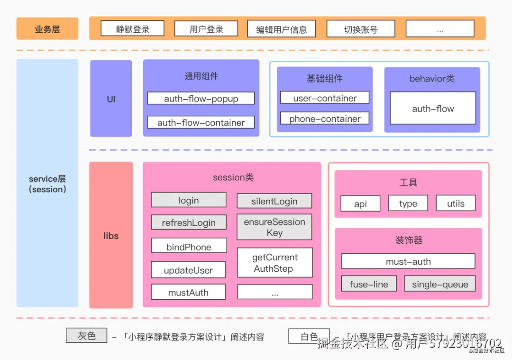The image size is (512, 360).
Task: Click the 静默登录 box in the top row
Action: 133,29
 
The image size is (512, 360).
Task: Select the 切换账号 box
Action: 361,29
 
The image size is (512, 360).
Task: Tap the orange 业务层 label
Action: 47,29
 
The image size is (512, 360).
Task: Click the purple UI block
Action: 111,99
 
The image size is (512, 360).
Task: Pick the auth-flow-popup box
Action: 201,99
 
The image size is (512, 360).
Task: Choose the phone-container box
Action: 325,119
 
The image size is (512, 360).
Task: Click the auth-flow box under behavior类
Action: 433,109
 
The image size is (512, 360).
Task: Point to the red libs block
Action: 111,236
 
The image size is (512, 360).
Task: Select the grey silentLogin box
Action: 274,201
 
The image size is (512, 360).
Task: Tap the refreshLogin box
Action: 189,222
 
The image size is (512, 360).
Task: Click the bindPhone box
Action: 189,247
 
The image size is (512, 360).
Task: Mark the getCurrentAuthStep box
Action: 275,263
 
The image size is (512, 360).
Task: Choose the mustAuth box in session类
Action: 189,292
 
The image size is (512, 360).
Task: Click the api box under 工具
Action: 360,203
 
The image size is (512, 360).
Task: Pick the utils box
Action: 456,203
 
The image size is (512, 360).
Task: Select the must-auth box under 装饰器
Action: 408,261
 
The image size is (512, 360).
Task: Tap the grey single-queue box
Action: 440,284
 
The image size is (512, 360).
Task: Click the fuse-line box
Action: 369,284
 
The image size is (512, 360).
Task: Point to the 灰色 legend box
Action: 87,336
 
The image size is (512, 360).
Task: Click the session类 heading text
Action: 233,177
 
